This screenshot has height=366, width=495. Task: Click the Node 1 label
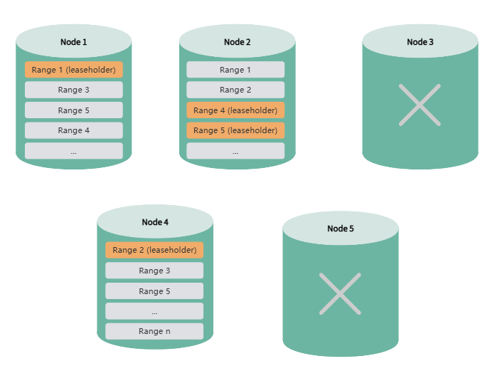click(x=74, y=42)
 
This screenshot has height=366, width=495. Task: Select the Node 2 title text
click(x=237, y=42)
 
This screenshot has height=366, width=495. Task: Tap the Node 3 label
click(x=420, y=42)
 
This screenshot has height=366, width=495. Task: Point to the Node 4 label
click(x=155, y=222)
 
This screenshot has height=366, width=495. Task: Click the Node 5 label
click(x=340, y=229)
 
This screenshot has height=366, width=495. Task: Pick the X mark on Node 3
click(x=420, y=105)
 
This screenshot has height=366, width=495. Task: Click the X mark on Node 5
click(x=340, y=293)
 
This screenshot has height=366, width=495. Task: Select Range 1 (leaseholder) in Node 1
click(x=74, y=70)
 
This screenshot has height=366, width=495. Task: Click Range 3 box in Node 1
click(x=74, y=90)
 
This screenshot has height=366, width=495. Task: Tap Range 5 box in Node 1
click(x=74, y=110)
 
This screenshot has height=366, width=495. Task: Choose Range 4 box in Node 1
click(x=74, y=130)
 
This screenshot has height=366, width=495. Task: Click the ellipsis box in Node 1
click(x=74, y=151)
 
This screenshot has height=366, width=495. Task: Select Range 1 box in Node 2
click(x=235, y=70)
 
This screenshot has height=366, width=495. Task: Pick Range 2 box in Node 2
click(x=235, y=90)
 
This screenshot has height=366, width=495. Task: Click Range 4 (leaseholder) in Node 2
click(x=235, y=110)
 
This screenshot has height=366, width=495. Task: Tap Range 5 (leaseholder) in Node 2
click(x=235, y=130)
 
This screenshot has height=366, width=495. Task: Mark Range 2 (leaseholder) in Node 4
click(x=154, y=250)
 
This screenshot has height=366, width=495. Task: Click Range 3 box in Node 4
click(x=154, y=271)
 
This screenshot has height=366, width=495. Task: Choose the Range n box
click(x=154, y=331)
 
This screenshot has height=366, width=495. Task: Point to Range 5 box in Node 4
click(x=154, y=291)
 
